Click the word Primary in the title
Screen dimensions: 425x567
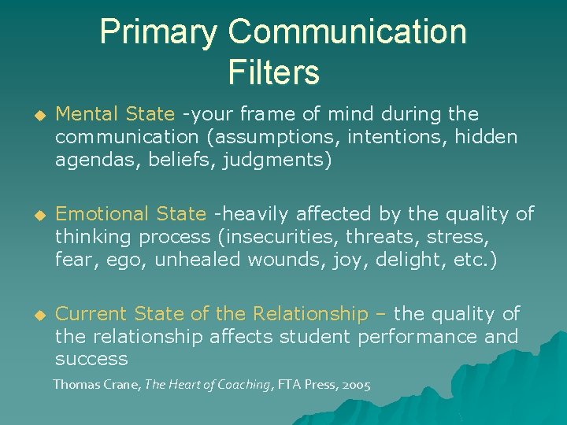[x=157, y=33]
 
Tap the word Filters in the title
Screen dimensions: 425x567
[x=273, y=72]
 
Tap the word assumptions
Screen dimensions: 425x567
[x=275, y=138]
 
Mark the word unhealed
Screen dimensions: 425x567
[x=198, y=259]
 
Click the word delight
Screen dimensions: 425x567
[x=401, y=259]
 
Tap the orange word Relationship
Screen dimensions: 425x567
[x=310, y=314]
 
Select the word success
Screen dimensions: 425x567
[x=91, y=360]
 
